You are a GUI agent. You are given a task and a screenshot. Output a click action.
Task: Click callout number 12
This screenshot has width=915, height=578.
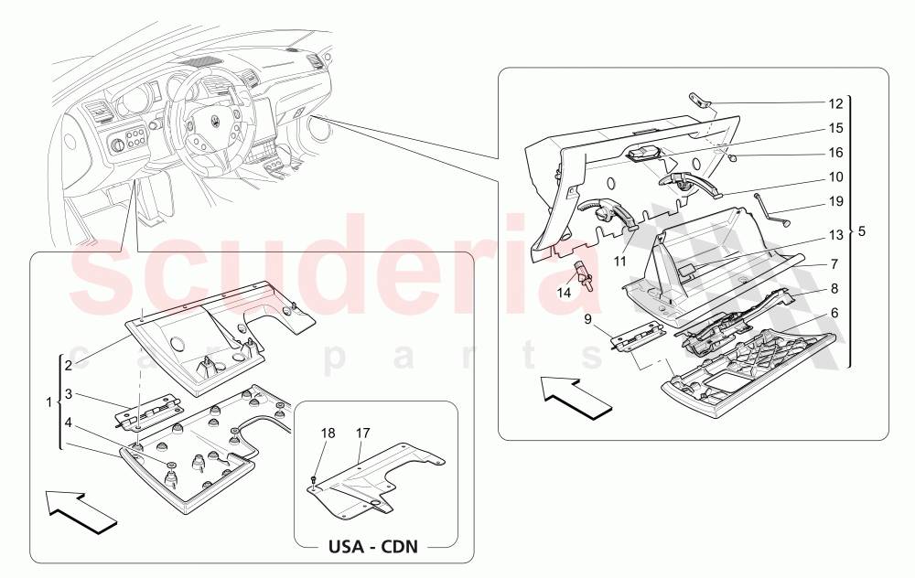pyautogui.click(x=835, y=104)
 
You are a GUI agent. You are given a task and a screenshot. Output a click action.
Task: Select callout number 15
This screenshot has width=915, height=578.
pyautogui.click(x=835, y=128)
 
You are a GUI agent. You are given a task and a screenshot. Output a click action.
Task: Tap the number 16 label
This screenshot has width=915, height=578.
pyautogui.click(x=835, y=153)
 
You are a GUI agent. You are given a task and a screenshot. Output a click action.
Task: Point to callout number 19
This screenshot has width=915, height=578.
pyautogui.click(x=835, y=202)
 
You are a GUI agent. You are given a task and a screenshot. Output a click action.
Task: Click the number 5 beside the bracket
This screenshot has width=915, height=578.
pyautogui.click(x=862, y=232)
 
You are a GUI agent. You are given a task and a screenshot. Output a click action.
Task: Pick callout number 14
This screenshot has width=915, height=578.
pyautogui.click(x=564, y=293)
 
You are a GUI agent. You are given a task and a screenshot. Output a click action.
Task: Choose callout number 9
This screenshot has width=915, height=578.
pyautogui.click(x=587, y=319)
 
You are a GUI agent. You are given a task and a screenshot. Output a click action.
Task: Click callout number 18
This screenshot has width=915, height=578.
pyautogui.click(x=328, y=433)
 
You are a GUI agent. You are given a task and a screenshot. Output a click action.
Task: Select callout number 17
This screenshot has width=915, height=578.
pyautogui.click(x=363, y=433)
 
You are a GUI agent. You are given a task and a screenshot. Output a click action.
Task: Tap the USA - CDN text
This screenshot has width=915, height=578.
pyautogui.click(x=373, y=547)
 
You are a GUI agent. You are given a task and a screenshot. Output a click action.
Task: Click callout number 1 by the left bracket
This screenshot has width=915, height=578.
pyautogui.click(x=49, y=402)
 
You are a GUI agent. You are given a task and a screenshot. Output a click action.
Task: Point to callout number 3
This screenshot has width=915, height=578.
pyautogui.click(x=69, y=394)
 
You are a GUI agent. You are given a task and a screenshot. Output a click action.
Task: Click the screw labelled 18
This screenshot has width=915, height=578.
pyautogui.click(x=313, y=480)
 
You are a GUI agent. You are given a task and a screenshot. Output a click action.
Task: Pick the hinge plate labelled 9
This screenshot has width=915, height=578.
pyautogui.click(x=637, y=336)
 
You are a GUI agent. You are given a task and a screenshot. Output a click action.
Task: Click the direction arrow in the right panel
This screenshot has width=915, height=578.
pyautogui.click(x=576, y=398)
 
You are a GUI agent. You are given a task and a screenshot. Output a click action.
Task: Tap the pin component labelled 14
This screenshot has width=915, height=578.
pyautogui.click(x=585, y=275)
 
